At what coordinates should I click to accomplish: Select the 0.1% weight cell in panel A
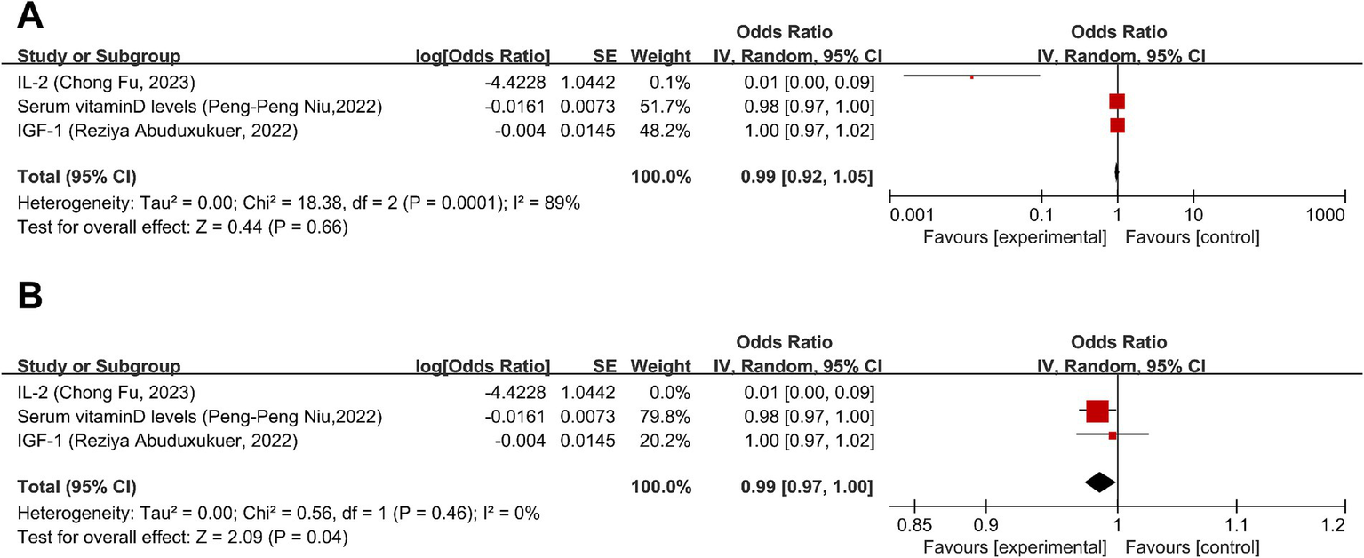point(674,84)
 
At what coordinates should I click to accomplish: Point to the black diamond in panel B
point(1100,482)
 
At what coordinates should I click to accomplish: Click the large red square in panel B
point(1097,411)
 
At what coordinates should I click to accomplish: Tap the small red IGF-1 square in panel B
point(1113,435)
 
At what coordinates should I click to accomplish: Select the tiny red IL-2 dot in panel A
point(971,77)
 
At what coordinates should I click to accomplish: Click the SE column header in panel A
point(605,57)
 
